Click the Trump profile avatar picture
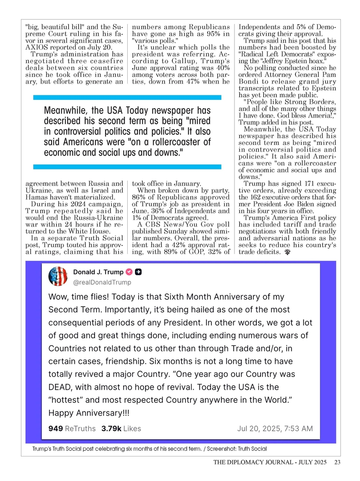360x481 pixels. tap(58, 277)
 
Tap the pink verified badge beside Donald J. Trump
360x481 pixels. tap(129, 272)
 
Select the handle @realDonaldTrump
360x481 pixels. tap(102, 282)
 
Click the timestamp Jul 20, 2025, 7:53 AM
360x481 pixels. tap(275, 428)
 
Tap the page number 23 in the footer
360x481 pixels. tap(337, 462)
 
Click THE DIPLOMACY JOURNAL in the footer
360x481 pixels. tap(252, 462)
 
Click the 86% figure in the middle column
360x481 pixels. tap(139, 197)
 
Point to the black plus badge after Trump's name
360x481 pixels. tap(139, 272)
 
